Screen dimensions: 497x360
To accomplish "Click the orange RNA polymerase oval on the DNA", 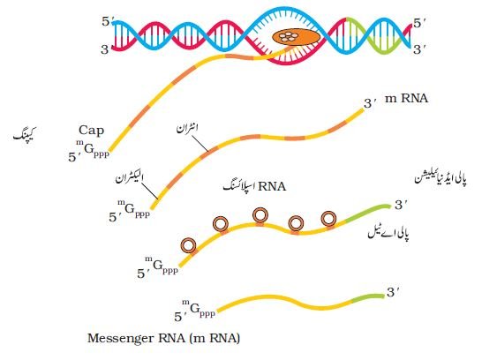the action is [296, 37].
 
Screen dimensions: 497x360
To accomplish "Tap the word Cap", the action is [91, 131].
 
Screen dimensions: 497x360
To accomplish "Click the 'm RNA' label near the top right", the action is [406, 99].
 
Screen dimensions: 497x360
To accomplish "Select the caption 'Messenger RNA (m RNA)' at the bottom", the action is [163, 338].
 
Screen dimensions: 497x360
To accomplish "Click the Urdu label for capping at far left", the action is [25, 134].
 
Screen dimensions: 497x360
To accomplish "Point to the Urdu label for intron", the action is [187, 128].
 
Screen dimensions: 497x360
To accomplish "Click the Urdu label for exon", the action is [129, 178].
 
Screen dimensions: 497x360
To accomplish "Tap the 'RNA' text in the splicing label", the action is [272, 186].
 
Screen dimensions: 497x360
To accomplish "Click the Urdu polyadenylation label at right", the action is [441, 178].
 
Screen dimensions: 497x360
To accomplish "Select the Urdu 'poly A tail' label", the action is [388, 233].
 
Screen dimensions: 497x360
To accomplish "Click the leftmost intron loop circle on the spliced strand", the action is [188, 245].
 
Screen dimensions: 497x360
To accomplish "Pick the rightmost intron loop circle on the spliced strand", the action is [328, 218].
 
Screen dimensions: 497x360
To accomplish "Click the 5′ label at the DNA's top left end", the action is [107, 21].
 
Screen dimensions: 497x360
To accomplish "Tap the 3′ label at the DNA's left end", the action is [106, 49].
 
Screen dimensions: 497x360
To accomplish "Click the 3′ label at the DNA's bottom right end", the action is [419, 49].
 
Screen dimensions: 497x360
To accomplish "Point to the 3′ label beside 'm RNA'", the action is [370, 103].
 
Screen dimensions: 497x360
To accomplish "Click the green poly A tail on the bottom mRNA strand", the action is [368, 298].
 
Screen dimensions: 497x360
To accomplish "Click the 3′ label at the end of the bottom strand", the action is [393, 292].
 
